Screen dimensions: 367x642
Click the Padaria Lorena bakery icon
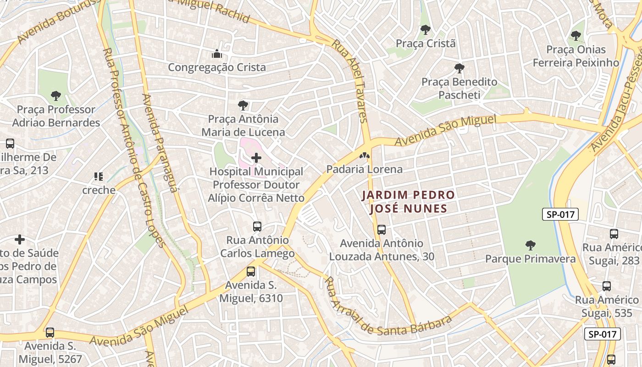[x=365, y=156]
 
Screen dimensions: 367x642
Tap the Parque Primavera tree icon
[x=531, y=245]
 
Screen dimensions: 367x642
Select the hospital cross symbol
[x=256, y=158]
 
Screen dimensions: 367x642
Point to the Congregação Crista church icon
[x=217, y=54]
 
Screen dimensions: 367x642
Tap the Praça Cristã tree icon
[x=426, y=30]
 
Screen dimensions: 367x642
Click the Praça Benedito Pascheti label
[x=459, y=89]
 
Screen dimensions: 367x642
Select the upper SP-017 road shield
[x=560, y=214]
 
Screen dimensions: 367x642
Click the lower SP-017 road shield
[x=603, y=334]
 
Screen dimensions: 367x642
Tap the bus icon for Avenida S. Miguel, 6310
[x=251, y=271]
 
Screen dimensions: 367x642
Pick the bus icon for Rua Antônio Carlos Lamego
[x=257, y=227]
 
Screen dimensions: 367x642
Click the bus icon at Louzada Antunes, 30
[x=382, y=230]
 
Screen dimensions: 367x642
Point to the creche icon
[x=99, y=177]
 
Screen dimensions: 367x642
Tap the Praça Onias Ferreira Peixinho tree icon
[x=576, y=36]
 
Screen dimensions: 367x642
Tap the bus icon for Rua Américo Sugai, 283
[x=614, y=234]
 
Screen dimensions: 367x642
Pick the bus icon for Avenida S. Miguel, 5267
[x=50, y=333]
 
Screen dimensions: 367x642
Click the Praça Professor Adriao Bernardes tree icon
[x=56, y=96]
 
